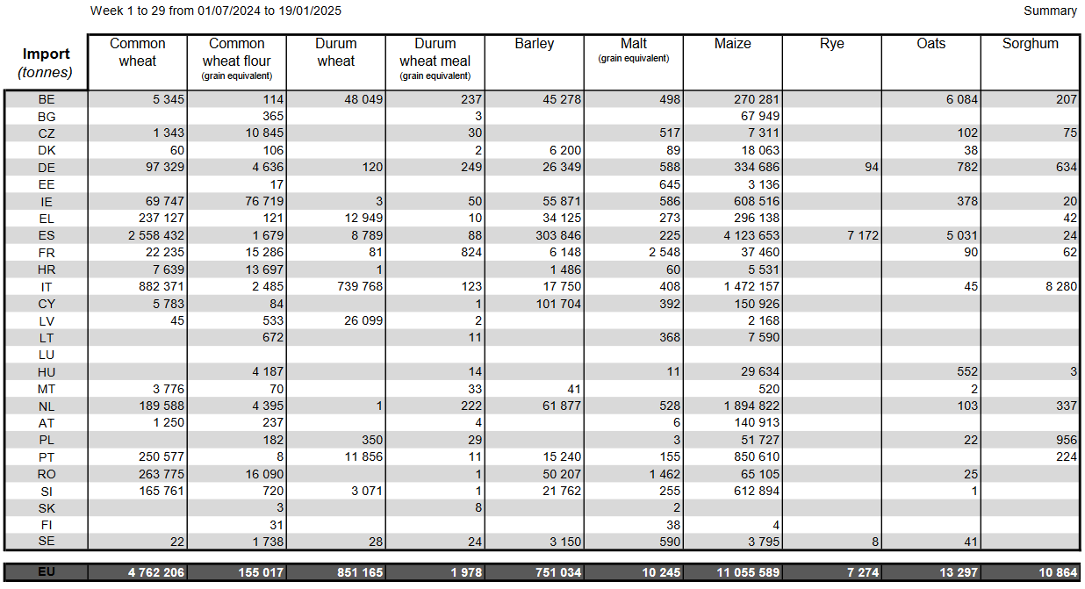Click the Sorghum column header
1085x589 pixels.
tap(1030, 44)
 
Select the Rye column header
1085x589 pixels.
tap(831, 44)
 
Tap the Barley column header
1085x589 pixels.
tap(535, 44)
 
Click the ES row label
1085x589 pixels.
tap(47, 235)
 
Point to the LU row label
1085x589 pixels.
tap(47, 355)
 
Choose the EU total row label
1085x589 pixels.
tap(47, 572)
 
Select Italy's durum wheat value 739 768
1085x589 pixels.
tap(354, 286)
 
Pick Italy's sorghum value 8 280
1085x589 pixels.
tap(1060, 286)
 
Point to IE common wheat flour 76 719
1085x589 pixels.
tap(251, 201)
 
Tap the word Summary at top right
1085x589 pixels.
tap(1050, 11)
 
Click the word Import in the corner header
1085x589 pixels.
tap(47, 54)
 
